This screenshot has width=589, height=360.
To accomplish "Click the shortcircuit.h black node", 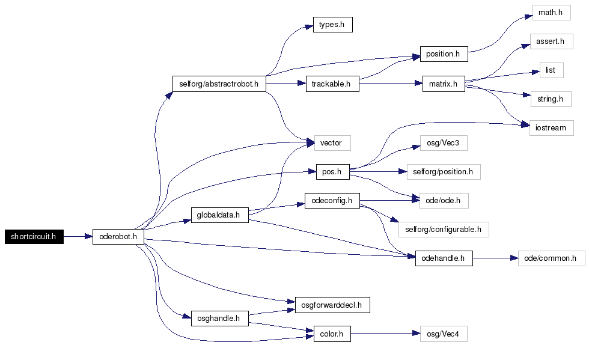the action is (x=34, y=237).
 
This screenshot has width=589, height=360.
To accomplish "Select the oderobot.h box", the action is (x=118, y=237).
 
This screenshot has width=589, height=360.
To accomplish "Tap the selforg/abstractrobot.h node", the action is (x=219, y=84).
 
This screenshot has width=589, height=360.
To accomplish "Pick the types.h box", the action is (x=333, y=25).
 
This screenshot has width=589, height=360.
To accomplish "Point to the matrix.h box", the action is (x=444, y=84).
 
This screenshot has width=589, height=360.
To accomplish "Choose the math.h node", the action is (x=552, y=13).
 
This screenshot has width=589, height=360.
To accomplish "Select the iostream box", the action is (x=552, y=128).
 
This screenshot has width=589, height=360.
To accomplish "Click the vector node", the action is (x=332, y=143).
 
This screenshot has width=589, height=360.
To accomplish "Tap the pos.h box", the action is (x=333, y=172).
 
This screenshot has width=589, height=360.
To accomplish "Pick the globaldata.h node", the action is (x=220, y=215).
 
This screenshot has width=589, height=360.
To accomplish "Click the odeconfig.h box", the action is (x=332, y=201).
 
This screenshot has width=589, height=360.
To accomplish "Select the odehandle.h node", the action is (x=444, y=258).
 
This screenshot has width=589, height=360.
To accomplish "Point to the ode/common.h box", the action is (x=552, y=258).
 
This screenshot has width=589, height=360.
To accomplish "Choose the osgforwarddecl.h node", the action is (x=332, y=305).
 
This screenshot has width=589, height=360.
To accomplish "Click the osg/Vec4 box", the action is (x=444, y=334).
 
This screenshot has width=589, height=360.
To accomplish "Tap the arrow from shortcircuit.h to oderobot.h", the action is (x=78, y=237).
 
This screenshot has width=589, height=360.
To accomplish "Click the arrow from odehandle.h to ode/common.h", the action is (x=495, y=258).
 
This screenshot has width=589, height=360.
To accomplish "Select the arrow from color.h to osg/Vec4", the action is (x=385, y=334).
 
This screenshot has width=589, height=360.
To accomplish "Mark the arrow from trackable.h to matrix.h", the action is (x=391, y=84).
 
